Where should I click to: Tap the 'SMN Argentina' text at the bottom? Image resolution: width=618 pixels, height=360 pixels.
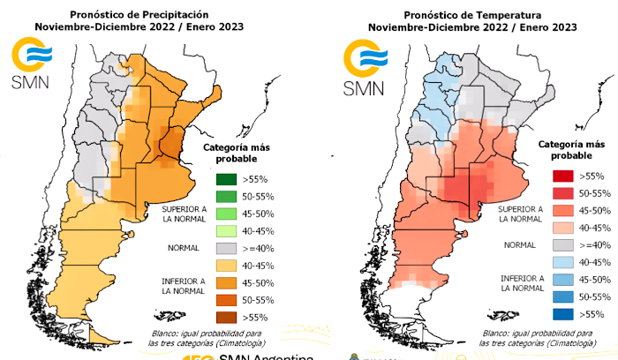[x=265, y=356]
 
